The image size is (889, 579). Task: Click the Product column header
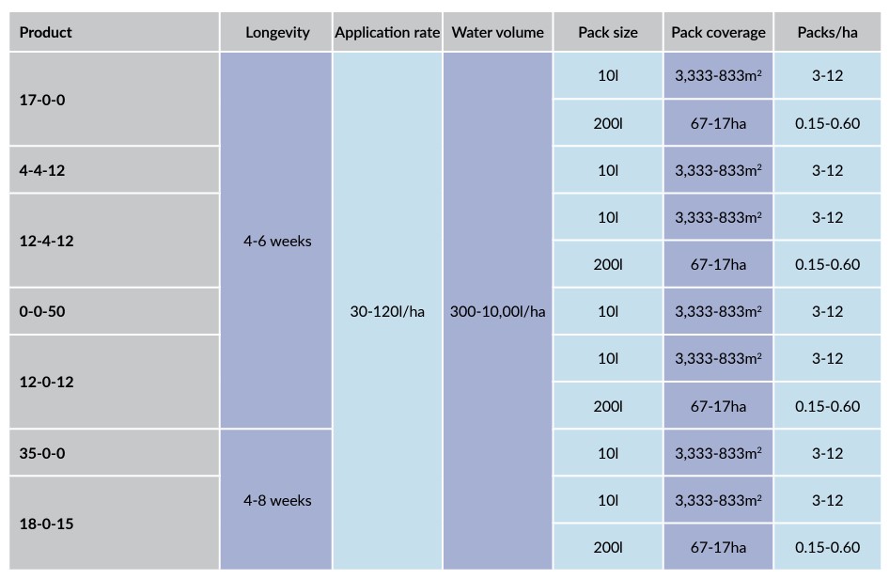pyautogui.click(x=45, y=32)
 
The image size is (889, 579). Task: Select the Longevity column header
pyautogui.click(x=277, y=32)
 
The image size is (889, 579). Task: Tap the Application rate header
pyautogui.click(x=387, y=32)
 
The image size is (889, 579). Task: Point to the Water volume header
pyautogui.click(x=498, y=32)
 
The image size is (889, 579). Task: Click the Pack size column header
pyautogui.click(x=608, y=32)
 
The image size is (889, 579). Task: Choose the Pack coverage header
pyautogui.click(x=718, y=32)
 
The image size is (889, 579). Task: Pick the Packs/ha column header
pyautogui.click(x=827, y=32)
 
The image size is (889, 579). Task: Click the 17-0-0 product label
pyautogui.click(x=42, y=100)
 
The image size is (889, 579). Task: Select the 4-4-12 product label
pyautogui.click(x=42, y=170)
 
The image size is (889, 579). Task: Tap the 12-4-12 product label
pyautogui.click(x=46, y=241)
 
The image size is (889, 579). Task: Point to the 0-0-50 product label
pyautogui.click(x=42, y=311)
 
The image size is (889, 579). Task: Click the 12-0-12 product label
pyautogui.click(x=46, y=382)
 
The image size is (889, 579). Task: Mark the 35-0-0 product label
pyautogui.click(x=42, y=453)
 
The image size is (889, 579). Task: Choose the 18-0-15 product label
pyautogui.click(x=46, y=524)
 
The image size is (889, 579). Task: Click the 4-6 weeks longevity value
pyautogui.click(x=277, y=241)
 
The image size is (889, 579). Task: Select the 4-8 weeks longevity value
pyautogui.click(x=277, y=500)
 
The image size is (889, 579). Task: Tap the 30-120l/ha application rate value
pyautogui.click(x=387, y=311)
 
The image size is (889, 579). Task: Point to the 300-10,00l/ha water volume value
pyautogui.click(x=498, y=311)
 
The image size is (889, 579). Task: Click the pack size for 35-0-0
pyautogui.click(x=608, y=453)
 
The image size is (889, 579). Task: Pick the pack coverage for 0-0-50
pyautogui.click(x=718, y=311)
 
